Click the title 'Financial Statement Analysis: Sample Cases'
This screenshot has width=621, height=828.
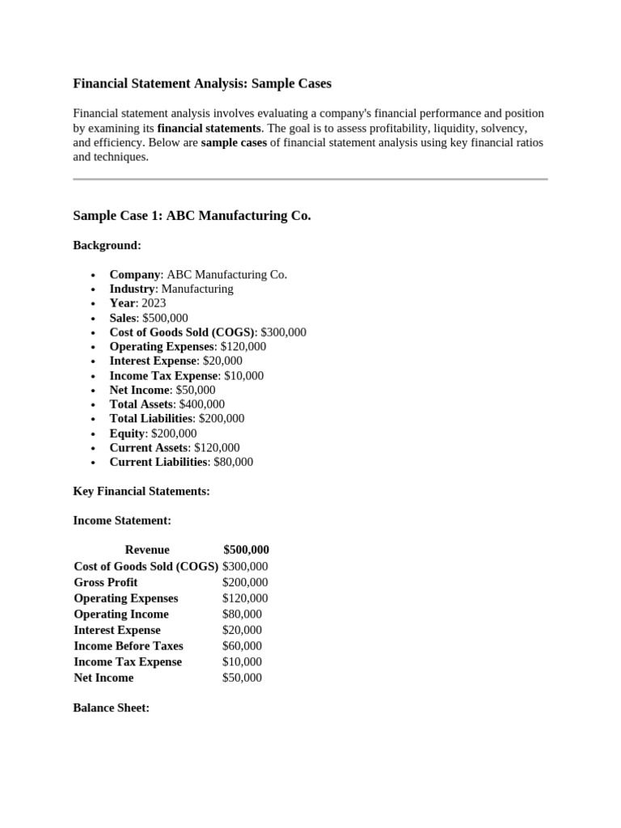202,83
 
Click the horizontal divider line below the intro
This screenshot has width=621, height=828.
310,179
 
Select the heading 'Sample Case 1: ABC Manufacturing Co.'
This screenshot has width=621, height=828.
192,216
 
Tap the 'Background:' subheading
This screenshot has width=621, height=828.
107,245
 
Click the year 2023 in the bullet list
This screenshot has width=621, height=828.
153,303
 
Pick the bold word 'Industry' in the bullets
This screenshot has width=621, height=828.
132,289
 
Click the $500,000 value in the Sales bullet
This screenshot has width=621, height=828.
165,318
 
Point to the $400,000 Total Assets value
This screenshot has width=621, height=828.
202,404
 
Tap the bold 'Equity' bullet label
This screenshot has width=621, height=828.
127,433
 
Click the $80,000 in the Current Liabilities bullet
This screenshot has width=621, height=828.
234,462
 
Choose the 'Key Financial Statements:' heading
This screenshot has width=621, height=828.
142,491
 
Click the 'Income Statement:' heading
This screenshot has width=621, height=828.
122,521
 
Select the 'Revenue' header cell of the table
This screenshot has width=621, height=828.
147,550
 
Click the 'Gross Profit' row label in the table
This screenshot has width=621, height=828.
106,582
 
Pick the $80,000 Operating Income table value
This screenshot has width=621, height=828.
242,614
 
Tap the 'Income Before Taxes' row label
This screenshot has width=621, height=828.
129,646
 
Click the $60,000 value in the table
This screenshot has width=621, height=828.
242,646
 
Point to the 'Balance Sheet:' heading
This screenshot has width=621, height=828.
112,708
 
